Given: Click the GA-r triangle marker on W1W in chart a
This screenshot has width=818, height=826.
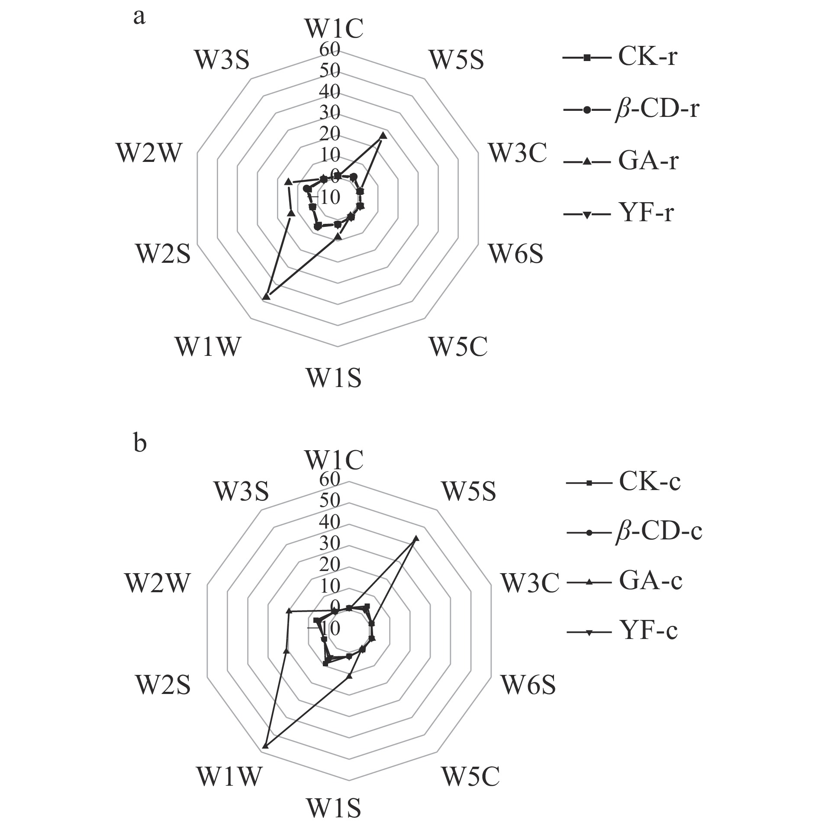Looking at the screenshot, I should [267, 296].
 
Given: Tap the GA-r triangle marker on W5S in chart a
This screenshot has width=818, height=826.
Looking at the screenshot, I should [383, 136].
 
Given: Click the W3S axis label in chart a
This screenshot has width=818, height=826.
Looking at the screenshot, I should [222, 60].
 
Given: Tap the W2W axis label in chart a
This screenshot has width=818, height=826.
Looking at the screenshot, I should [148, 153].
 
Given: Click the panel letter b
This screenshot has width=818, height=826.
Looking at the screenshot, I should [140, 444].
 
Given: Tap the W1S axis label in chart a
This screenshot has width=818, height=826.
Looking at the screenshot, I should [334, 377].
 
